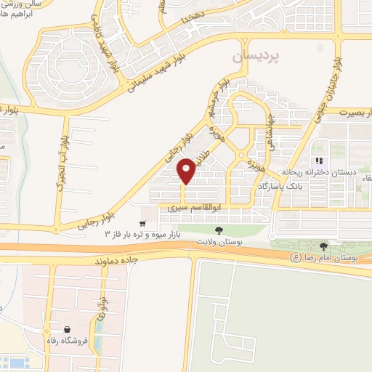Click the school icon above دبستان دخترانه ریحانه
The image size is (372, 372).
click(318, 161)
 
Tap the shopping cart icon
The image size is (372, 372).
click(144, 223)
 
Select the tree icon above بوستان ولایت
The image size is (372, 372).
click(219, 230)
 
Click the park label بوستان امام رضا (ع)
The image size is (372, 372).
click(330, 258)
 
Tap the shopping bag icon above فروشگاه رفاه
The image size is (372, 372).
click(67, 329)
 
